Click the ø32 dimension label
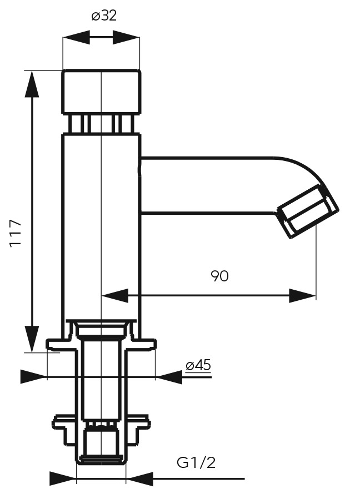104,16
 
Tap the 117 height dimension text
16,234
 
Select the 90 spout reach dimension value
219,276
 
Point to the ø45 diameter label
198,365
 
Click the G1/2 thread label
196,463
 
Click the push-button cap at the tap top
101,92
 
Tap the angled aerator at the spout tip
308,211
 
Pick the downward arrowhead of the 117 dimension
32,339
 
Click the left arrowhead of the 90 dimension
115,295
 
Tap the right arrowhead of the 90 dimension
302,295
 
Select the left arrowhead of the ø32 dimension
76,38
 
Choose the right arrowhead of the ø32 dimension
126,38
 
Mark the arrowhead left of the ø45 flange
34,376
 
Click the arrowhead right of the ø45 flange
169,376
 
